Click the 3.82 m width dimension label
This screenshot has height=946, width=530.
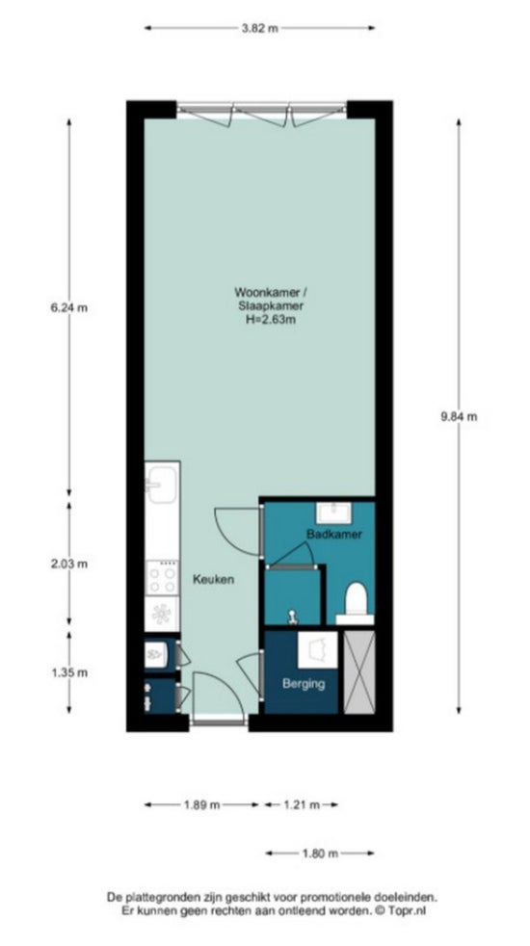[x=259, y=28]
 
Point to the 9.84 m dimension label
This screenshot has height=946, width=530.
[x=459, y=416]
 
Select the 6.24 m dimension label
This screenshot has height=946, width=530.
[x=68, y=307]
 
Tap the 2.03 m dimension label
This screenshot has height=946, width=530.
[x=68, y=565]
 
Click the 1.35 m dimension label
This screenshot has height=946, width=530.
[x=68, y=672]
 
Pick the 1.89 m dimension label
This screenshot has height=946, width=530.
[x=202, y=804]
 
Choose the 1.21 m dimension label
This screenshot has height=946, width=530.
[x=302, y=804]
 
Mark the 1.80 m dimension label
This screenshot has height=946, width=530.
[x=320, y=854]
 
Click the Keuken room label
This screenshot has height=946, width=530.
[x=213, y=580]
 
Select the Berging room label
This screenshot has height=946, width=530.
[x=305, y=684]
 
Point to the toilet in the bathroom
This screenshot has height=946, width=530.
[x=355, y=602]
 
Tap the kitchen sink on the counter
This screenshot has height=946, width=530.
[x=161, y=484]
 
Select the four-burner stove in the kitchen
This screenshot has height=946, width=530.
[x=162, y=578]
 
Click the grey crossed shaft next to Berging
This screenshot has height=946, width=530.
[x=359, y=672]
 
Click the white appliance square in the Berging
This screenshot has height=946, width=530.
[x=318, y=650]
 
